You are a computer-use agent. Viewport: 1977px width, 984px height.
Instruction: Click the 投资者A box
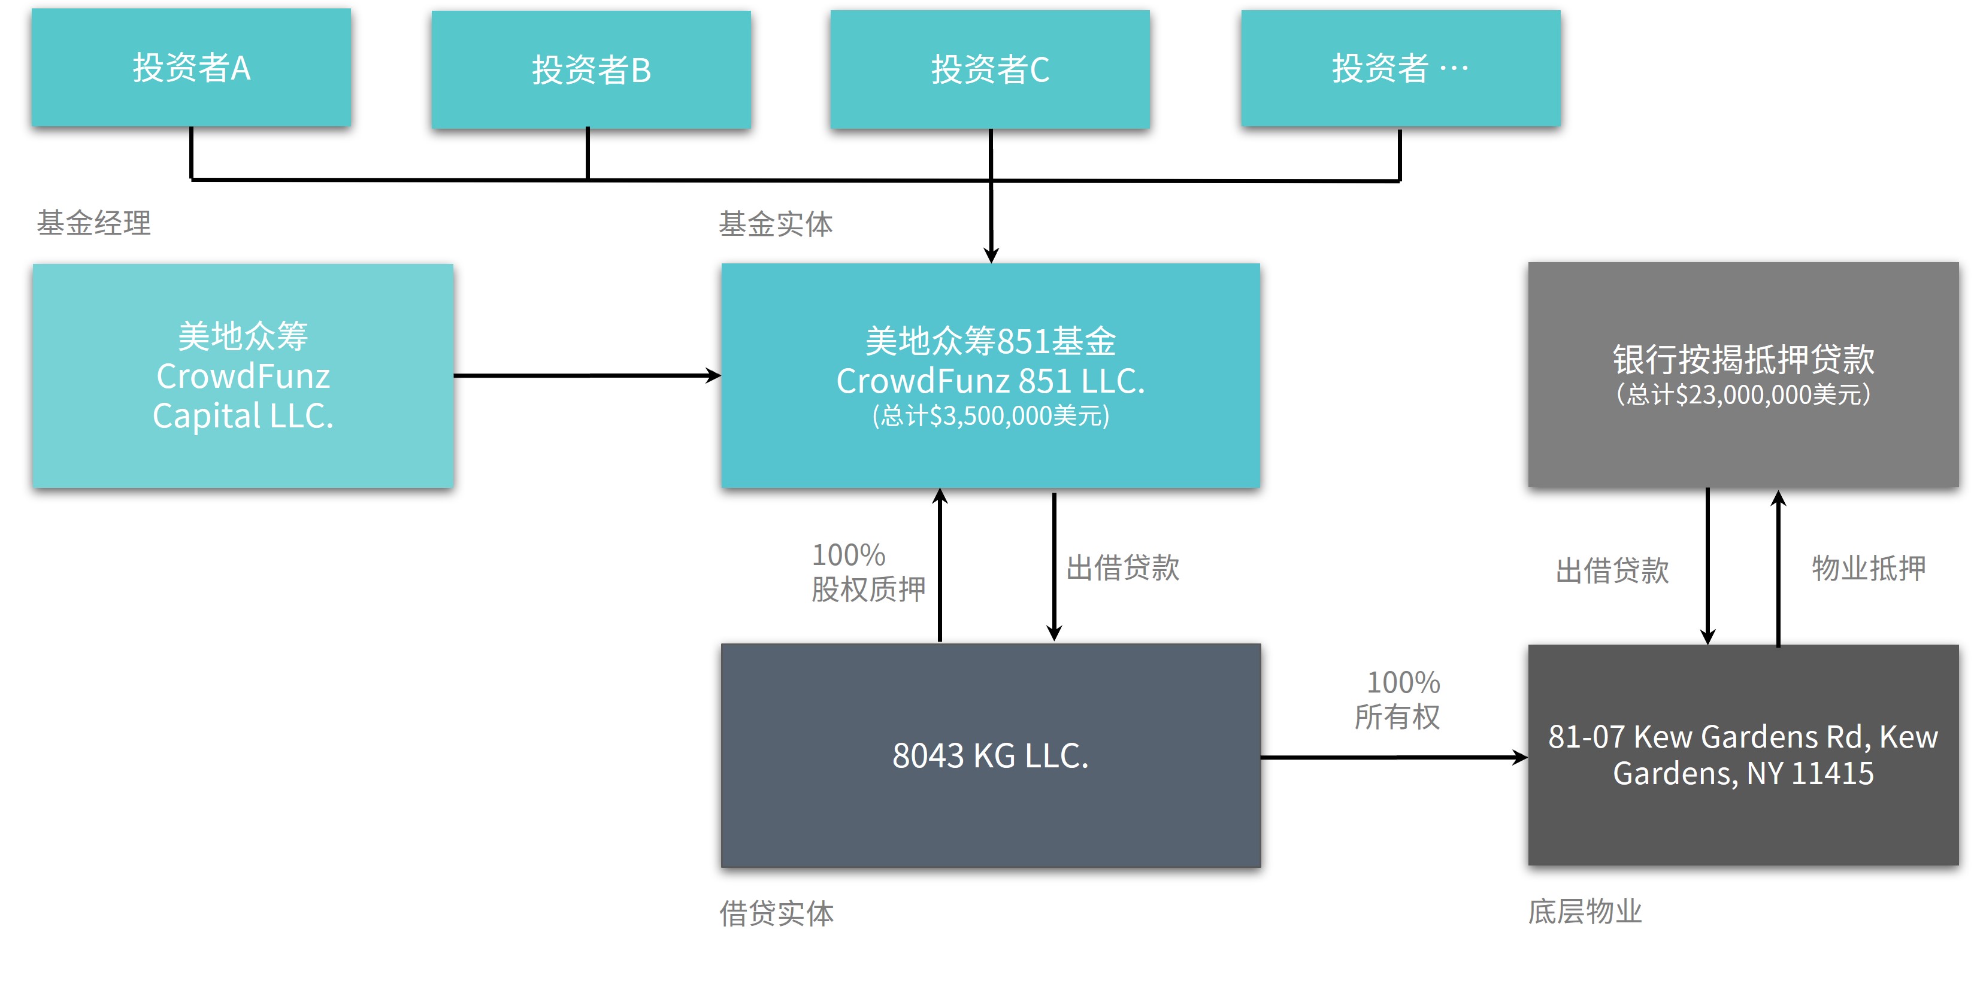pyautogui.click(x=191, y=68)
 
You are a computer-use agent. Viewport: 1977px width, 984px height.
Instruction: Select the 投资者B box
pyautogui.click(x=591, y=69)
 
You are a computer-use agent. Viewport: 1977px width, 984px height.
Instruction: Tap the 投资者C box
pyautogui.click(x=990, y=69)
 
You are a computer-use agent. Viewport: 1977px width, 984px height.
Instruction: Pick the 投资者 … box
pyautogui.click(x=1401, y=68)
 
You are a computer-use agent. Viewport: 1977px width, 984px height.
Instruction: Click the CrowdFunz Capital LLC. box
pyautogui.click(x=243, y=376)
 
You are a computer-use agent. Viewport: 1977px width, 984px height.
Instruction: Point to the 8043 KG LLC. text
pyautogui.click(x=990, y=755)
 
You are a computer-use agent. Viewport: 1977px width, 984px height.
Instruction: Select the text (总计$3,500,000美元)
pyautogui.click(x=990, y=416)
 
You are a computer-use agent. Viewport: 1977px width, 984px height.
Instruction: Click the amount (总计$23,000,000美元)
pyautogui.click(x=1743, y=394)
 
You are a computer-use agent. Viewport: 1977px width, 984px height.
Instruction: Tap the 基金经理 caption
pyautogui.click(x=93, y=223)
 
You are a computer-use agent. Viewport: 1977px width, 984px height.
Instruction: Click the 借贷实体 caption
pyautogui.click(x=777, y=913)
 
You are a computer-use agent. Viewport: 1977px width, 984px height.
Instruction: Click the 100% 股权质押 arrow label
pyautogui.click(x=868, y=572)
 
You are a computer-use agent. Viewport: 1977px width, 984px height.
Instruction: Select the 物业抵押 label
pyautogui.click(x=1869, y=568)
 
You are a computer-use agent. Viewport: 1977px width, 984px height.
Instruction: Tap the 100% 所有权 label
pyautogui.click(x=1398, y=700)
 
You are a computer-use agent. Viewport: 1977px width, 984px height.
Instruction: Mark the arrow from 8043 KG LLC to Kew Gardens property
pyautogui.click(x=1394, y=758)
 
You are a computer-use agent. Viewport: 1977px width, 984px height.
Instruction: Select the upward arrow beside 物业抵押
pyautogui.click(x=1779, y=568)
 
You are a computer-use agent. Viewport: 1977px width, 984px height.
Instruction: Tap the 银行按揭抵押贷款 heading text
pyautogui.click(x=1743, y=359)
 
